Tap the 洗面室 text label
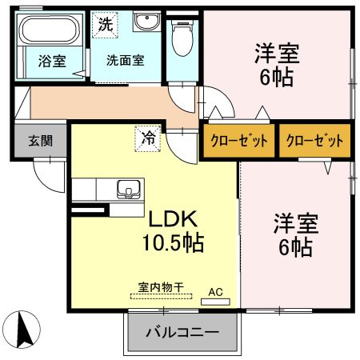pyautogui.click(x=126, y=60)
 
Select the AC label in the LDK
pyautogui.click(x=215, y=292)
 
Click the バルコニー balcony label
pyautogui.click(x=183, y=332)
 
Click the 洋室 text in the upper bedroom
pyautogui.click(x=277, y=54)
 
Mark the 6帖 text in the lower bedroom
pyautogui.click(x=294, y=248)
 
